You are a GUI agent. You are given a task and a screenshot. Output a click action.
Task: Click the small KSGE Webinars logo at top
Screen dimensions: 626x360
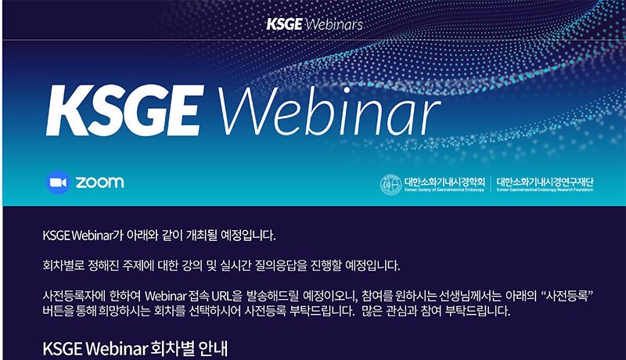click(x=315, y=24)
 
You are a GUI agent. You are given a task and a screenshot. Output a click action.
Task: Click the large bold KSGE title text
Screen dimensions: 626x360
click(x=125, y=111)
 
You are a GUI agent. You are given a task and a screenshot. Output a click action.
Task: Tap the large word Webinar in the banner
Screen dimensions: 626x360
click(x=329, y=111)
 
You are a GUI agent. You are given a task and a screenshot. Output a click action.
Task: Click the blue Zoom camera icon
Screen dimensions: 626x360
click(x=58, y=182)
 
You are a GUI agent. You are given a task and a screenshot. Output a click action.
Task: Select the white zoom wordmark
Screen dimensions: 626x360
click(x=100, y=182)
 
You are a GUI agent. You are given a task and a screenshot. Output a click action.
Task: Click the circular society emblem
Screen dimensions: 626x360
click(x=390, y=185)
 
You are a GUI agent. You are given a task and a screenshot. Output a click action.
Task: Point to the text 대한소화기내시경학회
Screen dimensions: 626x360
click(x=444, y=182)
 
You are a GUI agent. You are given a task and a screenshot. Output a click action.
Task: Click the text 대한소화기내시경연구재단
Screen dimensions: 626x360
click(x=545, y=182)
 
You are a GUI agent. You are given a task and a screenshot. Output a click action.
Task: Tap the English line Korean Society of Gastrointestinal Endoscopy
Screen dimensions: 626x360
click(x=444, y=190)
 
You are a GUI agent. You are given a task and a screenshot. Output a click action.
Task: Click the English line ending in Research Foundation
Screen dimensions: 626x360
click(x=545, y=190)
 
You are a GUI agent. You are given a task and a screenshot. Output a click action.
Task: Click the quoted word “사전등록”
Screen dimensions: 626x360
click(x=567, y=296)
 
